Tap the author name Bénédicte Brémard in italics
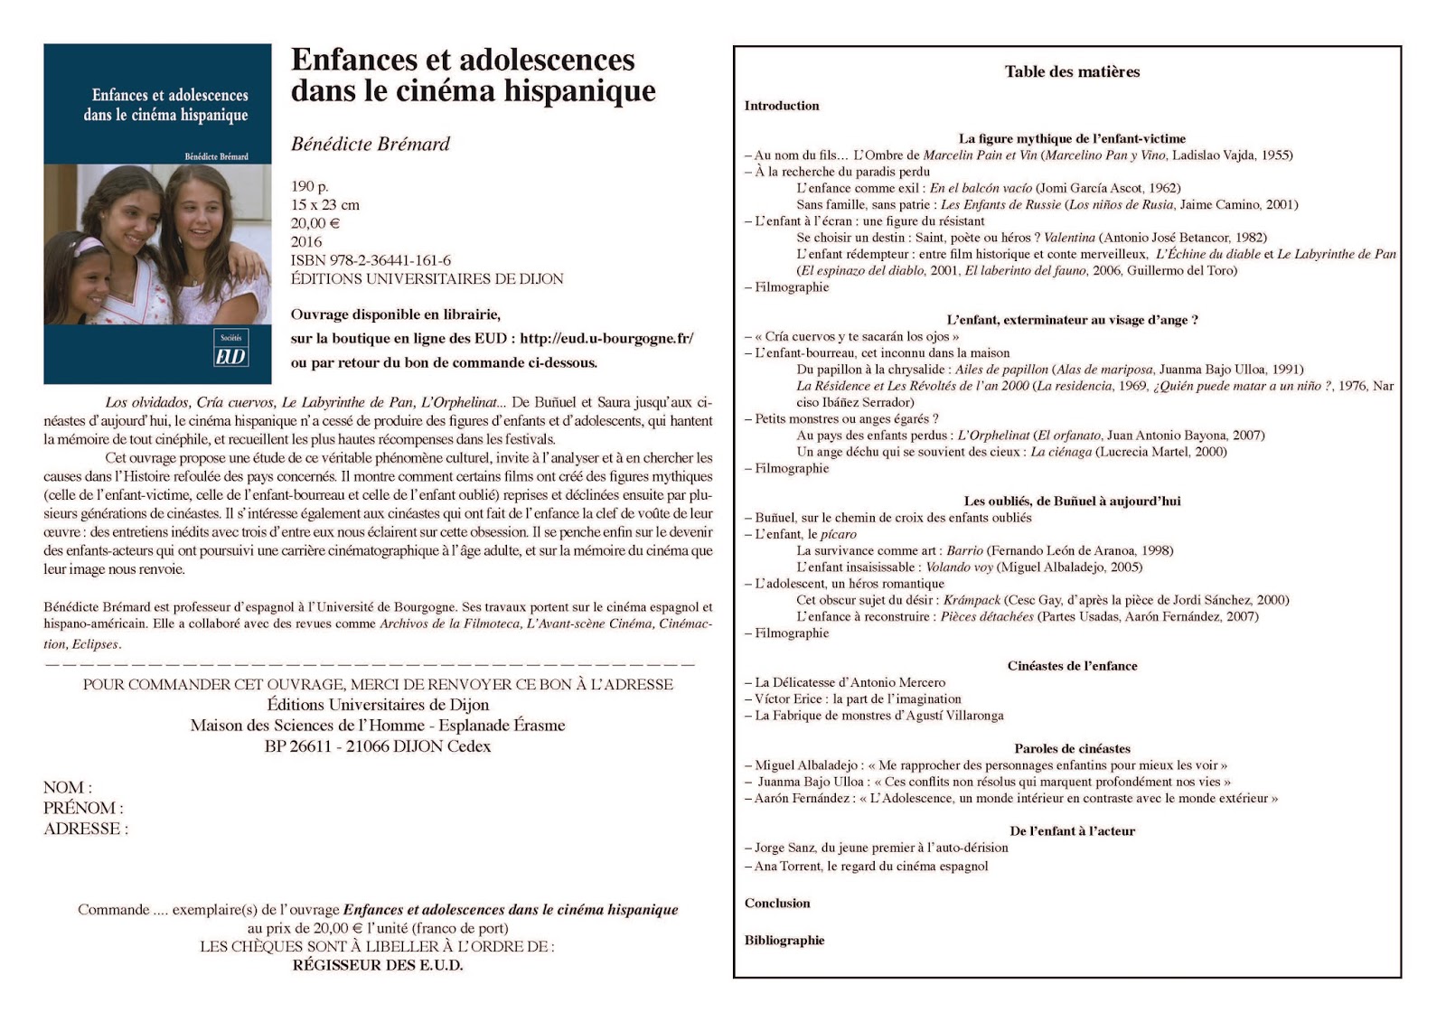pyautogui.click(x=370, y=144)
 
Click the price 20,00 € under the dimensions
pyautogui.click(x=315, y=223)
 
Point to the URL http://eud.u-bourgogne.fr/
pyautogui.click(x=606, y=339)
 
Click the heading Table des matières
pyautogui.click(x=1072, y=71)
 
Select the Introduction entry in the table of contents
pyautogui.click(x=782, y=106)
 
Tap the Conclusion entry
pyautogui.click(x=777, y=903)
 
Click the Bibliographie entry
pyautogui.click(x=784, y=940)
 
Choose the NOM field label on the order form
pyautogui.click(x=67, y=787)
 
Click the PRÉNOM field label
pyautogui.click(x=83, y=808)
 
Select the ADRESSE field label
pyautogui.click(x=86, y=829)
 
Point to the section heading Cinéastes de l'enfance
pyautogui.click(x=1072, y=666)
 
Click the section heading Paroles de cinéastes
pyautogui.click(x=1072, y=748)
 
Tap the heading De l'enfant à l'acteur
pyautogui.click(x=1072, y=830)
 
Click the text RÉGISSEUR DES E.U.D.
pyautogui.click(x=377, y=965)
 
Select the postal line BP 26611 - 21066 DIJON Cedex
pyautogui.click(x=378, y=746)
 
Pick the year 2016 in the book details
pyautogui.click(x=306, y=241)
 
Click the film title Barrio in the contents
pyautogui.click(x=964, y=550)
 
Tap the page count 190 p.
pyautogui.click(x=310, y=186)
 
